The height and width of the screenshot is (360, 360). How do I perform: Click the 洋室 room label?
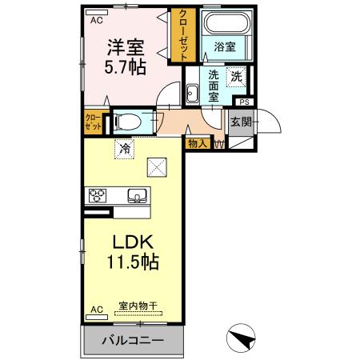(126, 46)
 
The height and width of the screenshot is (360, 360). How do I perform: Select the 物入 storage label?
(197, 144)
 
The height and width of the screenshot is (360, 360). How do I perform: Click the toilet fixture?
(129, 122)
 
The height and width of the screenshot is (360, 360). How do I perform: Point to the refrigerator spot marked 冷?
(125, 147)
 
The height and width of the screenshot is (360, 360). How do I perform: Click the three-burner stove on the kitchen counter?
(98, 194)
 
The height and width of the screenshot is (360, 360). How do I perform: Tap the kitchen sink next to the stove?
(136, 194)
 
